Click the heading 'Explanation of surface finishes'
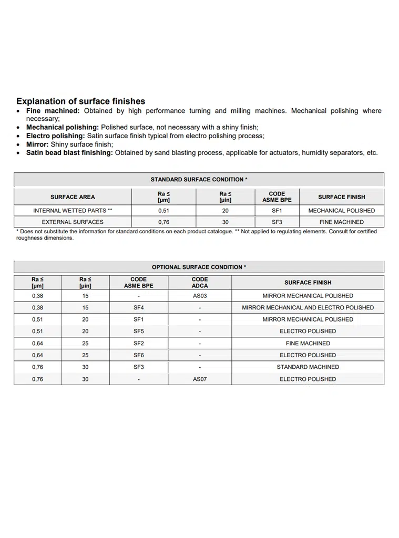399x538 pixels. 80,101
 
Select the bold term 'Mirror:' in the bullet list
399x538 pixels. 37,144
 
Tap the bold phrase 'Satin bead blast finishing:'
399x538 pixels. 69,152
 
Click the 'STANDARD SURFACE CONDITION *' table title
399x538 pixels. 199,179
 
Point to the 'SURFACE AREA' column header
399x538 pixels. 73,197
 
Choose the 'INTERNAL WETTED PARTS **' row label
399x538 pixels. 73,210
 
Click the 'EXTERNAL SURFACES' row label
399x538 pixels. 73,222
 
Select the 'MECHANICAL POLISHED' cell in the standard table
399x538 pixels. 341,210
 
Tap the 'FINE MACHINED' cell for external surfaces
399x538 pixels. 341,222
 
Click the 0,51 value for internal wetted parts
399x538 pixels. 163,210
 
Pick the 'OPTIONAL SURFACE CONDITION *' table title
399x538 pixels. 199,267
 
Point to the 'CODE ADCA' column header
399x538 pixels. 200,282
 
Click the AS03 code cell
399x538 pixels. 200,296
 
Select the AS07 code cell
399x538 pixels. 200,379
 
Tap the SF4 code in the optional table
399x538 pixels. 138,307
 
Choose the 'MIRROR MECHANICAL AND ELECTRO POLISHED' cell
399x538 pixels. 308,307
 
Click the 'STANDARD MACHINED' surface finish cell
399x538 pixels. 308,367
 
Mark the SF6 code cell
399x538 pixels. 138,355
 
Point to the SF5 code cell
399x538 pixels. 138,331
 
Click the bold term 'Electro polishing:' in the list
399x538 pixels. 56,136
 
